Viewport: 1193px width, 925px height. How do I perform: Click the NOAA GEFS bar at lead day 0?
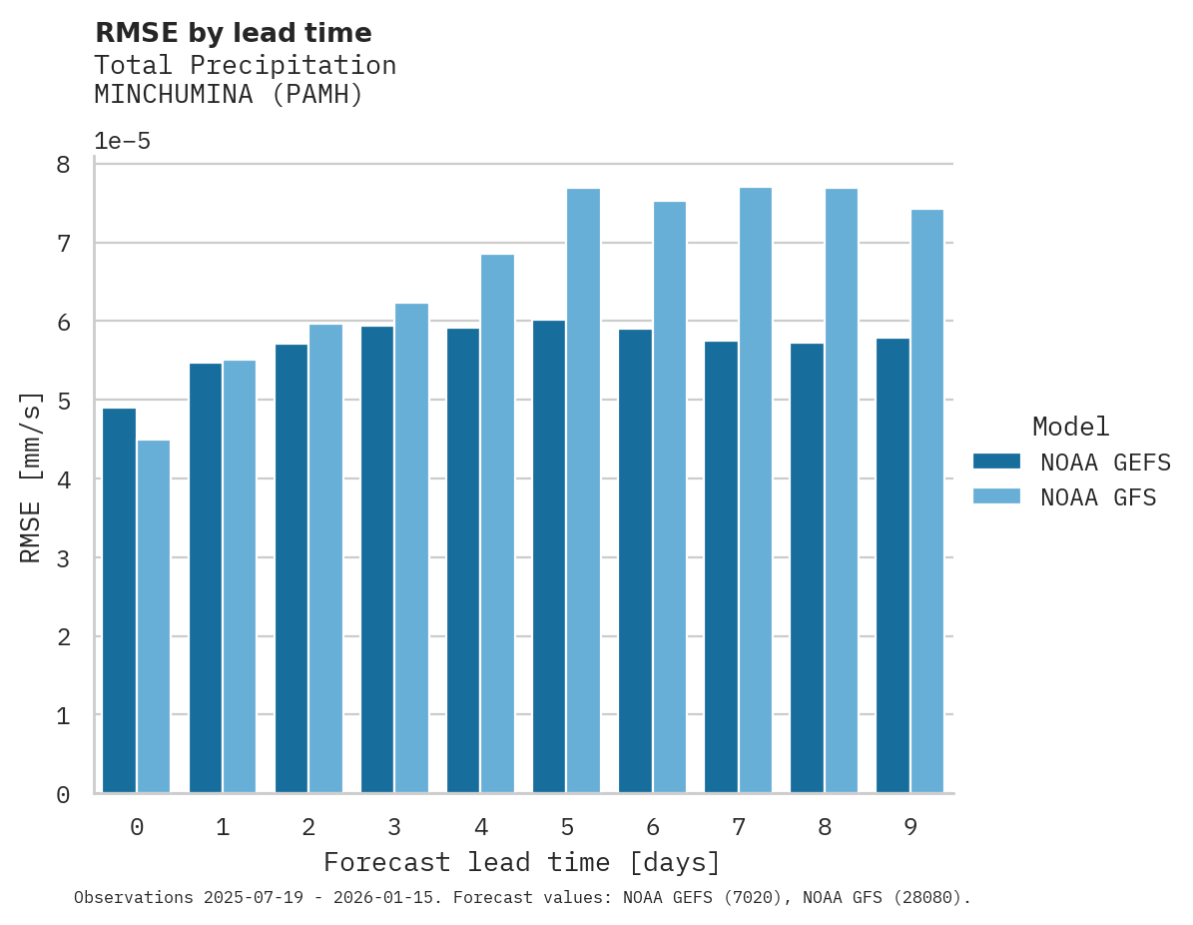coord(119,600)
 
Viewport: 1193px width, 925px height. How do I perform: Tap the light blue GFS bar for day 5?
coord(583,490)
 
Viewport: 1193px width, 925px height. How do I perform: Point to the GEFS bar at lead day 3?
coord(377,559)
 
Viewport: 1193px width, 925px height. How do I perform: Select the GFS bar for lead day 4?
coord(497,523)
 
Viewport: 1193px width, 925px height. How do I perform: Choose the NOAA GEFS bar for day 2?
coord(292,568)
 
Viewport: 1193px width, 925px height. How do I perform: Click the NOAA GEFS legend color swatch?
coord(996,461)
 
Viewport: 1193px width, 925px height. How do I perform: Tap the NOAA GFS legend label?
coord(1098,497)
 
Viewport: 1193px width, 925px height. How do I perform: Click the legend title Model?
coord(1070,427)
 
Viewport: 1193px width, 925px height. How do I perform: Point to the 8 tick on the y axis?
coord(63,165)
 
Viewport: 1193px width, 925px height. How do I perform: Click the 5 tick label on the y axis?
coord(63,401)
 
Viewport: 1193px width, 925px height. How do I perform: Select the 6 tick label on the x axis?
coord(653,827)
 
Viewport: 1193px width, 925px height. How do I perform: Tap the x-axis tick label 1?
coord(223,827)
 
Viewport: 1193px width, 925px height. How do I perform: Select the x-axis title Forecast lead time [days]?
coord(521,862)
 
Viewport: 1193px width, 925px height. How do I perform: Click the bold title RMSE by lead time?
coord(233,33)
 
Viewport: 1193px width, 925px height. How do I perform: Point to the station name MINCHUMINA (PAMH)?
coord(229,95)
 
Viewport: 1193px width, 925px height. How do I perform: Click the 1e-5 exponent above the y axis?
coord(122,141)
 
